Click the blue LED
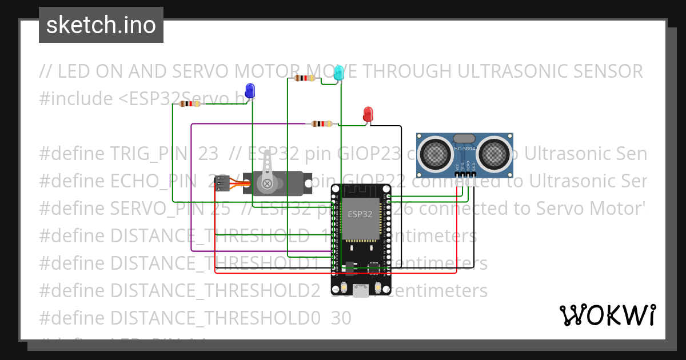(250, 90)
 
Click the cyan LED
(338, 72)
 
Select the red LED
(368, 114)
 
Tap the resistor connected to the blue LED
(189, 104)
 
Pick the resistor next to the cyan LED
(304, 78)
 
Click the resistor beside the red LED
(322, 123)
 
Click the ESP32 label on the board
(360, 214)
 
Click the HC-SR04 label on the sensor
(465, 149)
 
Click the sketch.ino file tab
(101, 25)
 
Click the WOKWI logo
(607, 315)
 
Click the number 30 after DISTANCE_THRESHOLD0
(341, 318)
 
